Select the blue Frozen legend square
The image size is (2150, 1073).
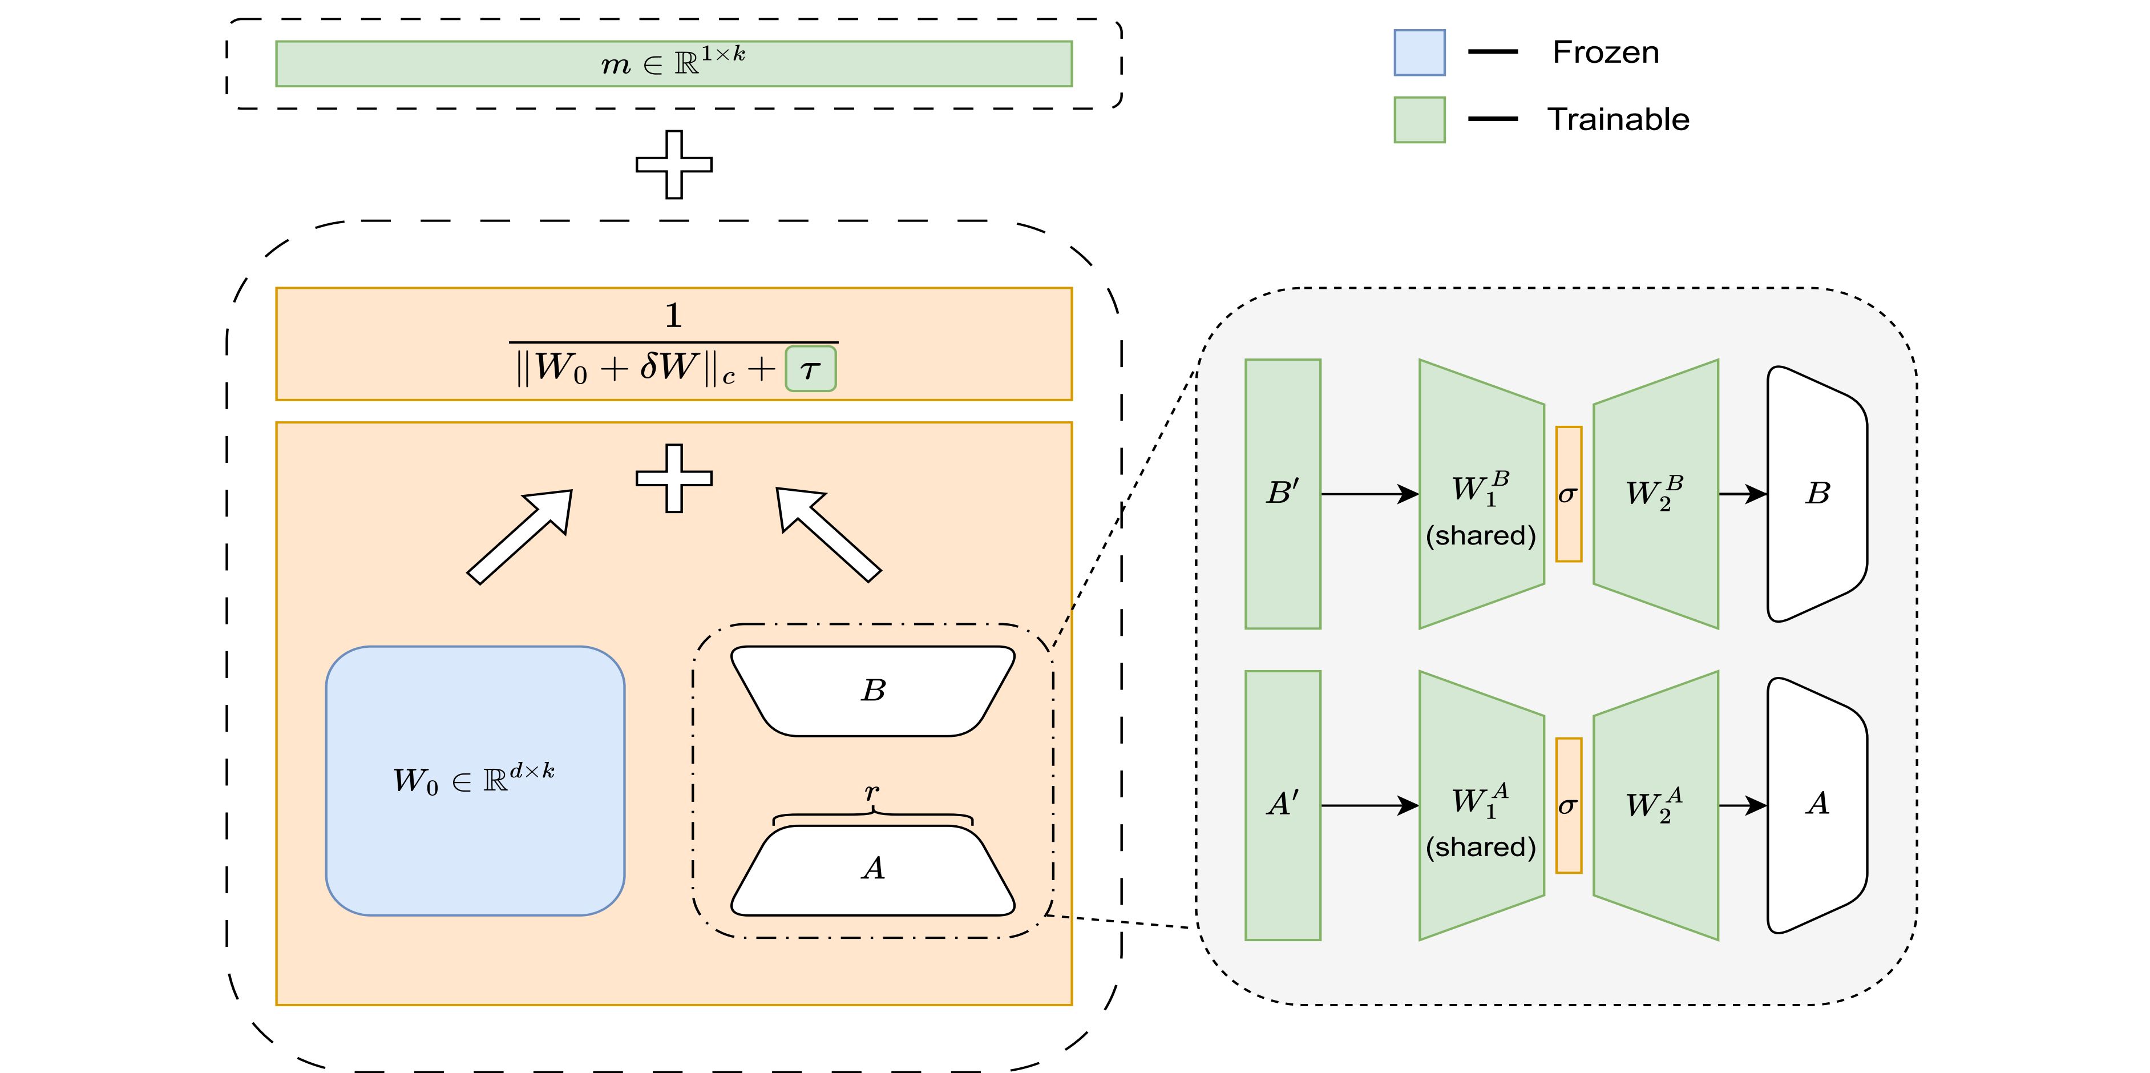(x=1419, y=53)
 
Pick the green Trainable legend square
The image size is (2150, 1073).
(x=1419, y=119)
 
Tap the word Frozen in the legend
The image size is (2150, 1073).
(x=1605, y=53)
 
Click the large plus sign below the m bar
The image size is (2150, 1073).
(x=673, y=164)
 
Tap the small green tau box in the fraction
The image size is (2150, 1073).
(x=810, y=369)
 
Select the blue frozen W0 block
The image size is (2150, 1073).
(x=475, y=781)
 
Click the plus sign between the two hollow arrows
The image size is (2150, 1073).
(x=673, y=478)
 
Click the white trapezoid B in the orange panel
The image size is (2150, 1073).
(x=873, y=691)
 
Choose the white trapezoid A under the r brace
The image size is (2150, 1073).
(x=873, y=870)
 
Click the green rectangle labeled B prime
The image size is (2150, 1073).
(x=1282, y=494)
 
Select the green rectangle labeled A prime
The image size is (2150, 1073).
(x=1282, y=805)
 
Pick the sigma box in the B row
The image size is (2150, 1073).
(x=1568, y=494)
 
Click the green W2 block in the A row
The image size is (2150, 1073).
(x=1655, y=805)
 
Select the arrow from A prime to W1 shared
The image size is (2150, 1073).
(x=1369, y=805)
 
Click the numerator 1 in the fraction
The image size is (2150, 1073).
(x=673, y=316)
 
